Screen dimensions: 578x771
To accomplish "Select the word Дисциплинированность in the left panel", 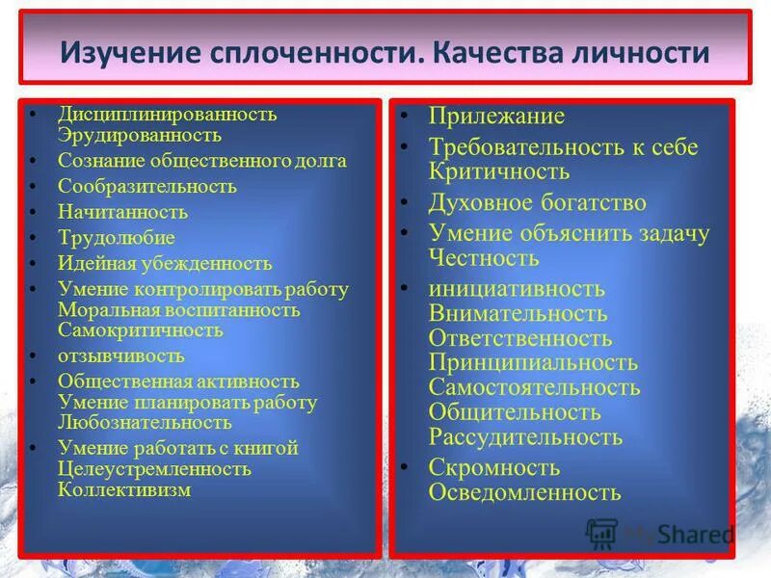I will coord(167,115).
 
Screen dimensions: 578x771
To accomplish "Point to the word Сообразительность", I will coord(146,186).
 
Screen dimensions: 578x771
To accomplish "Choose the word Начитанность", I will coord(122,212).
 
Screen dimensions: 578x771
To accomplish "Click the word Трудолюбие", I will coord(117,238).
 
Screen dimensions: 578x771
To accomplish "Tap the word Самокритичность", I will coord(140,330).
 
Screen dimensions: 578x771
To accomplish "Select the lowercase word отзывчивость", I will coord(120,355).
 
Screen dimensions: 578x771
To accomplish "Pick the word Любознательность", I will coord(145,422).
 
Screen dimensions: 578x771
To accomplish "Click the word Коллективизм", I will coord(124,489).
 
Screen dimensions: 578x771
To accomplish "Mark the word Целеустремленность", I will coord(154,469).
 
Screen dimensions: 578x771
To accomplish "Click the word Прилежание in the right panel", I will coord(496,117).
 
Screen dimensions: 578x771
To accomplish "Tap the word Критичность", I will coord(499,172).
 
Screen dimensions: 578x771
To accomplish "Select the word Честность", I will coord(484,258).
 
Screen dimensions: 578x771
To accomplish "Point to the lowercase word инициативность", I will coord(517,289).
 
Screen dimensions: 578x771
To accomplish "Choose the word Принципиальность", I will coord(533,363).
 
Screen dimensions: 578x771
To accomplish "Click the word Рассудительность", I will coord(525,437).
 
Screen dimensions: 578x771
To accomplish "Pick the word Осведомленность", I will coord(524,492).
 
